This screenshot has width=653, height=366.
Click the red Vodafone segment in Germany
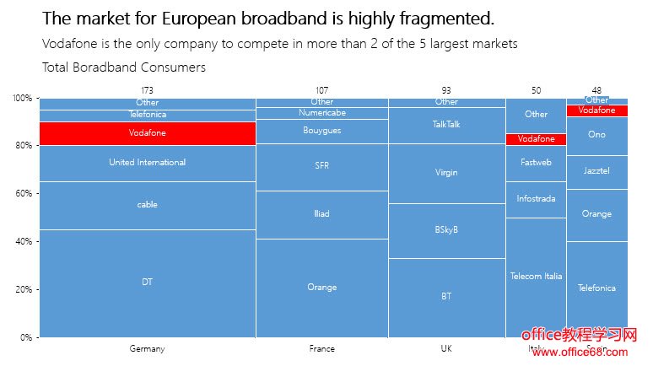(148, 133)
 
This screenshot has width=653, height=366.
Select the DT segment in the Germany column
(148, 283)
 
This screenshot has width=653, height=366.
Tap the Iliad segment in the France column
(321, 214)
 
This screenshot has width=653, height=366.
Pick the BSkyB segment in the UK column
(446, 230)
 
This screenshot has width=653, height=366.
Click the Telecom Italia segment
(536, 277)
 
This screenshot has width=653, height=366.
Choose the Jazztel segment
(596, 171)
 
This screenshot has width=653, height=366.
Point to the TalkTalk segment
(446, 124)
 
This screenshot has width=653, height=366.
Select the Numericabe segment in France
(321, 113)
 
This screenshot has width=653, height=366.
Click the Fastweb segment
(536, 163)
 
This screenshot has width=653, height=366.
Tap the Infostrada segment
(536, 200)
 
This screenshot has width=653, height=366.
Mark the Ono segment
(596, 135)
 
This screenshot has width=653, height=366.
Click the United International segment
(148, 163)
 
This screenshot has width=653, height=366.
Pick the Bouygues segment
(321, 131)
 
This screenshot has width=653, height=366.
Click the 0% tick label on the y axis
(26, 337)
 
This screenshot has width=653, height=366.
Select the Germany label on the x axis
(148, 348)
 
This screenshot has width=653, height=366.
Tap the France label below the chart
(321, 348)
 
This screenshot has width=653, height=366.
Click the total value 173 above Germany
(148, 89)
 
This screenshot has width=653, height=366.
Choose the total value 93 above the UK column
(446, 89)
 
